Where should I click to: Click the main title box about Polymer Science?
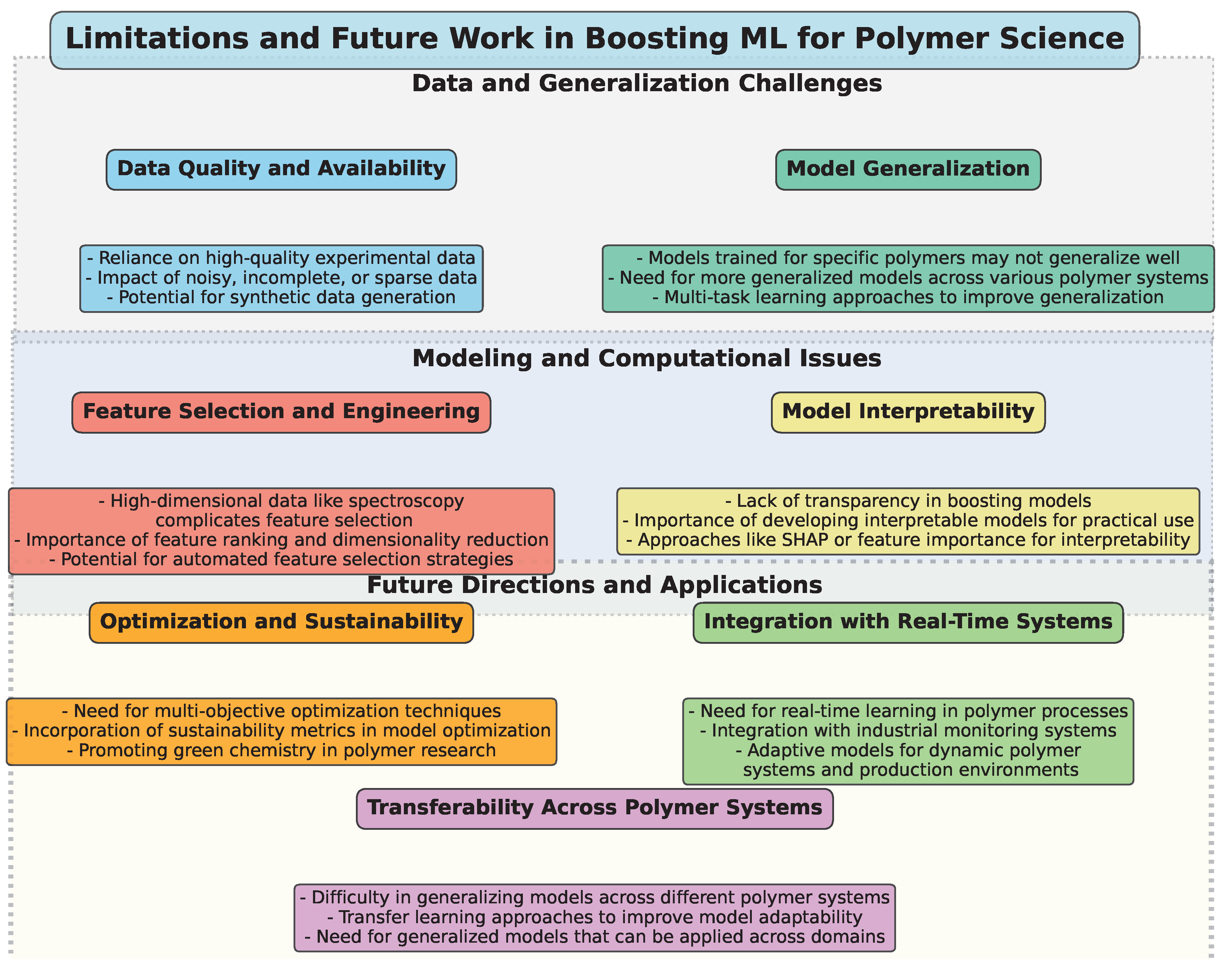coord(594,40)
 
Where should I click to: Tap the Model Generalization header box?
coord(908,169)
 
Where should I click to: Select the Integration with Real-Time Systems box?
coord(908,622)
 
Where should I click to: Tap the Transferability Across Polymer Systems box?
coord(594,808)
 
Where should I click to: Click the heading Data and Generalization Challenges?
coord(647,84)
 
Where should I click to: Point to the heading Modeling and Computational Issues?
coord(647,359)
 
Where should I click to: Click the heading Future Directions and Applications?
coord(594,585)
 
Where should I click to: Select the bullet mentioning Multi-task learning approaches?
coord(908,297)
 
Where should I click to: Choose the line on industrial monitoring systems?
coord(908,731)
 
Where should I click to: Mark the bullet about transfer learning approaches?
coord(594,917)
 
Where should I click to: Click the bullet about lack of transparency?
coord(908,501)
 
